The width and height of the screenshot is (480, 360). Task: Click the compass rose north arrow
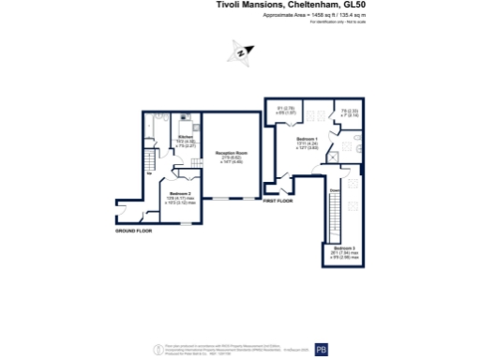242,53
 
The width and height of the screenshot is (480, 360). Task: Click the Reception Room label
231,153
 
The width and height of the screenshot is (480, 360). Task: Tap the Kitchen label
185,137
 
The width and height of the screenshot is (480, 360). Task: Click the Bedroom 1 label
307,139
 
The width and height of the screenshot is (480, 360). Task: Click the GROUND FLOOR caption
134,230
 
